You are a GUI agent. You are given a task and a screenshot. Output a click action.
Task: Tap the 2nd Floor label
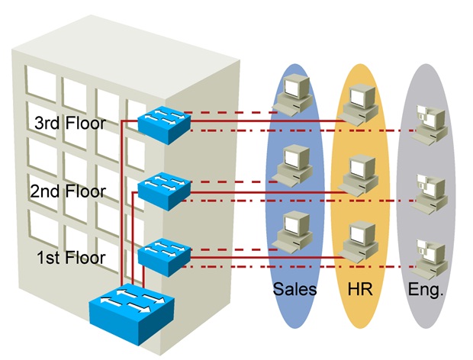point(69,191)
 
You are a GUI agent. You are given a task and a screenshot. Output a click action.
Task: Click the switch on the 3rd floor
point(162,121)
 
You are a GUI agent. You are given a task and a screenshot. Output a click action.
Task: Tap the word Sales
point(294,291)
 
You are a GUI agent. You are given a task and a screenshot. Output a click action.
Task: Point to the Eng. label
point(425,291)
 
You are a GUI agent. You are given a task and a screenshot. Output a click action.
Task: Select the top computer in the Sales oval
point(294,96)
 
